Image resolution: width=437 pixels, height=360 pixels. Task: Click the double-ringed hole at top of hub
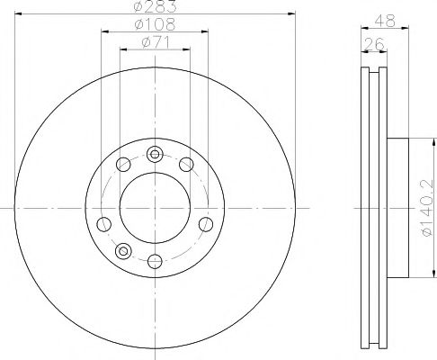pos(154,152)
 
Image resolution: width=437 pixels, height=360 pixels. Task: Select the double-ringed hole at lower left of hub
pos(124,249)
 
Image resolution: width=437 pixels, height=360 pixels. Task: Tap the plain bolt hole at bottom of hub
pos(154,262)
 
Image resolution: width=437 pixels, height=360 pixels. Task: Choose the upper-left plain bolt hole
pos(123,164)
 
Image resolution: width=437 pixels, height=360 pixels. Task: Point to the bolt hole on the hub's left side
pos(104,223)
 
